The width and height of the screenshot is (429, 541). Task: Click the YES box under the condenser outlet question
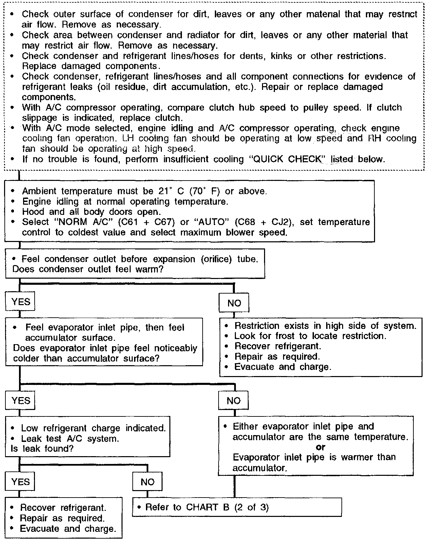[x=20, y=302]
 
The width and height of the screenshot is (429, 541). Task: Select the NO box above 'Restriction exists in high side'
[x=234, y=303]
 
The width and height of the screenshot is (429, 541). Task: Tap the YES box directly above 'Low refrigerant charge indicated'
[x=20, y=400]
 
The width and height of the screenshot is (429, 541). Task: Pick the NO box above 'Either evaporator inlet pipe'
[x=234, y=401]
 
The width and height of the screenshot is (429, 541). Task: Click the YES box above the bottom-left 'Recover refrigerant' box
[x=20, y=482]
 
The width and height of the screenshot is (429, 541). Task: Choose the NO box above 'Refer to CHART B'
[x=147, y=482]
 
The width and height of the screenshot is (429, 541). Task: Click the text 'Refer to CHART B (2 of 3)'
[x=207, y=507]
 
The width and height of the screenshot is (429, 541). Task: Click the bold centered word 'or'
[x=320, y=447]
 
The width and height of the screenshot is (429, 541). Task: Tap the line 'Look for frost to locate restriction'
[x=310, y=336]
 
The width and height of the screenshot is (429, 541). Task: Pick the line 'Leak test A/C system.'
[x=70, y=439]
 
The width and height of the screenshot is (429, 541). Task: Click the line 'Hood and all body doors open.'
[x=91, y=212]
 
